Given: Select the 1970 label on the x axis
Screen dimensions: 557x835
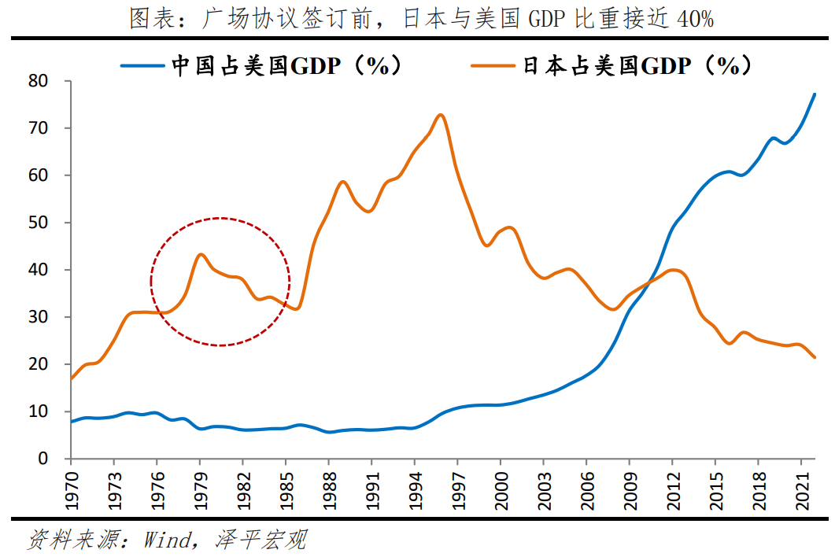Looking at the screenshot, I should [x=71, y=489].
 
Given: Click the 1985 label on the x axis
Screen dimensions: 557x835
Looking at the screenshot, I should [x=286, y=489].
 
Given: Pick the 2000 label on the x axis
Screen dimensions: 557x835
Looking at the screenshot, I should [x=501, y=489].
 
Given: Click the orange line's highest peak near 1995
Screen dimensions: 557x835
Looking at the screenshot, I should [x=440, y=115].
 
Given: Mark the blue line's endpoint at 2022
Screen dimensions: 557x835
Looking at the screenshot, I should [x=815, y=94].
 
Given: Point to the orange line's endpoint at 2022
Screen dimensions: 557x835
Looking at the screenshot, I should [x=815, y=357].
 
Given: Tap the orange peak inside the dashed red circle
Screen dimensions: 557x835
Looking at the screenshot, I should [x=201, y=254].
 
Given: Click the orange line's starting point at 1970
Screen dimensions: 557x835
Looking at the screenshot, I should [x=72, y=378].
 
